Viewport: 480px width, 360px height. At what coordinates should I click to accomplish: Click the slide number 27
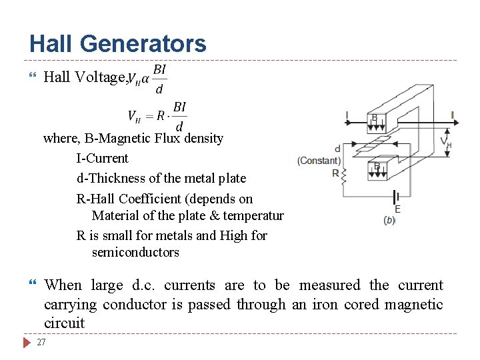click(41, 342)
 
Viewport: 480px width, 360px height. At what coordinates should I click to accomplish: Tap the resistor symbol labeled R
click(344, 177)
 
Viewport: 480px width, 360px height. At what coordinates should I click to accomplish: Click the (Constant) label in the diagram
click(319, 161)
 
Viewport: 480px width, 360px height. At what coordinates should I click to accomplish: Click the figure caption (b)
click(390, 220)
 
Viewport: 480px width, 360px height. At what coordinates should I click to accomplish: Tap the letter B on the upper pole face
click(375, 118)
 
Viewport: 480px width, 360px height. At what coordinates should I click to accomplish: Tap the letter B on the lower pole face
click(377, 167)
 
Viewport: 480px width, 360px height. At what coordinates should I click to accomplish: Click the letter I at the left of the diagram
click(347, 116)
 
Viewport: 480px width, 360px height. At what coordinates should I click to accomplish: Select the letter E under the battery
click(397, 209)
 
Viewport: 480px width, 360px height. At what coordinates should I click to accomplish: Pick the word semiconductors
click(135, 252)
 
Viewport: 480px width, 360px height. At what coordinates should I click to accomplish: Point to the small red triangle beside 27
click(27, 343)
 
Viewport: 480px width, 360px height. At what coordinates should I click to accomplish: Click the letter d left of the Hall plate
click(337, 149)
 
